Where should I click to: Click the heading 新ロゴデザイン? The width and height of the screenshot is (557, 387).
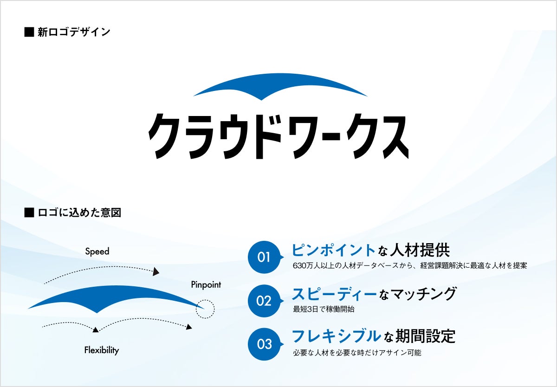click(73, 32)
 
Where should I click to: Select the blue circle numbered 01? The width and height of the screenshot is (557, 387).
click(264, 257)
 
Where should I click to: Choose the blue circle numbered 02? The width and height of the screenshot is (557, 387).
click(264, 301)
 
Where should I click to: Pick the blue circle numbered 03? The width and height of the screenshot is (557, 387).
click(264, 344)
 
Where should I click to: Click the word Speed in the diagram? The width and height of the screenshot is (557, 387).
click(97, 252)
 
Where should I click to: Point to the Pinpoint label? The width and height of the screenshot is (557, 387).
click(206, 284)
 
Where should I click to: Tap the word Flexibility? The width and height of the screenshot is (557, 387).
click(102, 350)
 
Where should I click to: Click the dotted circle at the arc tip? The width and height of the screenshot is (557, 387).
click(205, 309)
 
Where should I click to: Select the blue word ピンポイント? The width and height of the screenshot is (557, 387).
click(333, 250)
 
